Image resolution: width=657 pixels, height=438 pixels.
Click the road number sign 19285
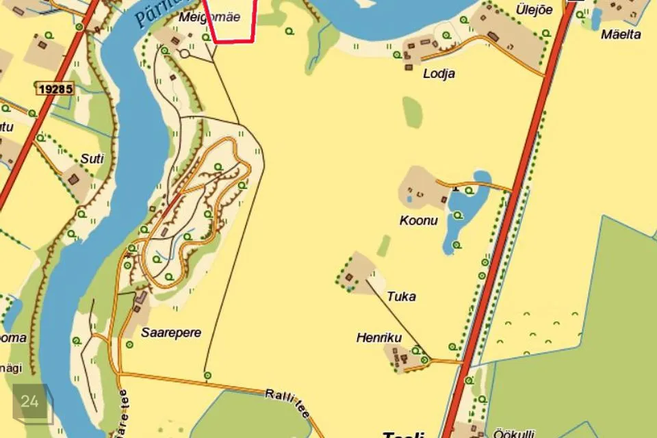pyautogui.click(x=55, y=89)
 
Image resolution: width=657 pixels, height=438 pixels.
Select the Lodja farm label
pyautogui.click(x=439, y=74)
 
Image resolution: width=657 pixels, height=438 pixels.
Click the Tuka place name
pyautogui.click(x=401, y=296)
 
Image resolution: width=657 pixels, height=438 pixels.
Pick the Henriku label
pyautogui.click(x=378, y=337)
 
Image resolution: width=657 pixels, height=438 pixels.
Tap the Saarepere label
pyautogui.click(x=171, y=333)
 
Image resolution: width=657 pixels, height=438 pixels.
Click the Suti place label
pyautogui.click(x=92, y=159)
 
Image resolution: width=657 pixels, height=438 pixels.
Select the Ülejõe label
pyautogui.click(x=534, y=10)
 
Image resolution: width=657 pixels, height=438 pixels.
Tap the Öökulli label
pyautogui.click(x=513, y=433)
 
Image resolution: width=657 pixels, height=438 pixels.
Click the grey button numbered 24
pyautogui.click(x=30, y=402)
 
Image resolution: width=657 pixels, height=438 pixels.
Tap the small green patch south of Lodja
pyautogui.click(x=412, y=111)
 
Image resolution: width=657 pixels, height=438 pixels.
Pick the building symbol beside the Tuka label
pyautogui.click(x=350, y=277)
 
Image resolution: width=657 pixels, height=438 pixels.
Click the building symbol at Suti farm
pyautogui.click(x=73, y=178)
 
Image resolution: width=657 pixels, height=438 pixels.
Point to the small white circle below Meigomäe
pyautogui.click(x=184, y=53)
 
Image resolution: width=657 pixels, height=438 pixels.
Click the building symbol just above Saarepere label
pyautogui.click(x=141, y=298)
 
